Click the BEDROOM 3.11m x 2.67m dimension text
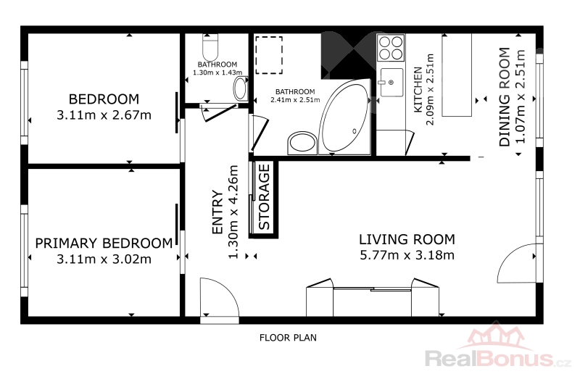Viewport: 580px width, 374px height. [104, 115]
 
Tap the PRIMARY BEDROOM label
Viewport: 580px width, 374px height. [104, 244]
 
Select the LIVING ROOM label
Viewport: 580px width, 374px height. [407, 239]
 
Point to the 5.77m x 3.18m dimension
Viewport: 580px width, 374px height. [407, 255]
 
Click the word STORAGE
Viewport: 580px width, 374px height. [264, 197]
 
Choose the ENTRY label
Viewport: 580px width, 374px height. [217, 212]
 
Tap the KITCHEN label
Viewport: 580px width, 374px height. [418, 90]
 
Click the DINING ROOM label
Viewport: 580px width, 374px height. [505, 97]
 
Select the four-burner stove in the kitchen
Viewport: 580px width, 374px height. [391, 48]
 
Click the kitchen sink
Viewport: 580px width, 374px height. [391, 82]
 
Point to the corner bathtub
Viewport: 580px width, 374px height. [344, 117]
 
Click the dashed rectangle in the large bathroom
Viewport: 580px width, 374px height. [268, 55]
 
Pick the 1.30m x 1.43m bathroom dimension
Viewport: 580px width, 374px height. [217, 72]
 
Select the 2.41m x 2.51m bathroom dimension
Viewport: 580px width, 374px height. [295, 100]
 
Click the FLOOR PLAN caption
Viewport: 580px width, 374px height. [288, 338]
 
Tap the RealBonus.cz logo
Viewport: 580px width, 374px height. [498, 348]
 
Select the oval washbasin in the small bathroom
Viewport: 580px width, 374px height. [241, 88]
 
